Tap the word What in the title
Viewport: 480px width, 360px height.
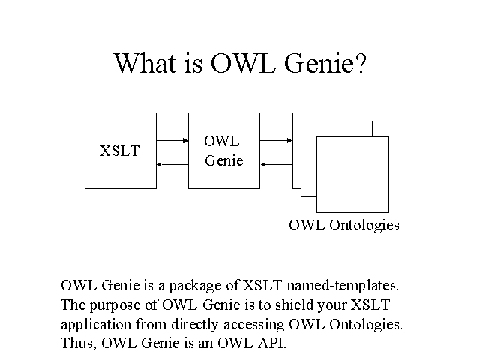pyautogui.click(x=145, y=63)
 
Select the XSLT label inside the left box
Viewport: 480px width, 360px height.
pyautogui.click(x=120, y=151)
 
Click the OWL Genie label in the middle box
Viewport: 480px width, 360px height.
pyautogui.click(x=223, y=151)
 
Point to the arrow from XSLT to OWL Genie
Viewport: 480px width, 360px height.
pyautogui.click(x=172, y=140)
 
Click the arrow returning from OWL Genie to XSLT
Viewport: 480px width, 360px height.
pyautogui.click(x=172, y=165)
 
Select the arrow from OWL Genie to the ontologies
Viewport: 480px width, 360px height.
pyautogui.click(x=276, y=140)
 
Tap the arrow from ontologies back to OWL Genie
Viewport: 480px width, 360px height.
pyautogui.click(x=277, y=165)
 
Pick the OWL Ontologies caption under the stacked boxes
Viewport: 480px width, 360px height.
pyautogui.click(x=344, y=226)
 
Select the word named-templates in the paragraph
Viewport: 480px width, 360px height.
pyautogui.click(x=343, y=286)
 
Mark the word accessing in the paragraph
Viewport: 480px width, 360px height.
pyautogui.click(x=253, y=325)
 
